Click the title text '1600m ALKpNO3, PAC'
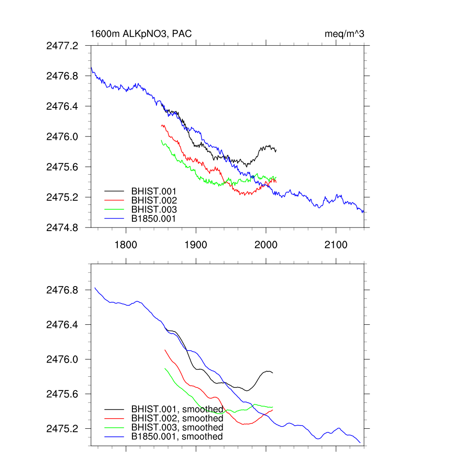point(141,34)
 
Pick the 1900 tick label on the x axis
point(196,245)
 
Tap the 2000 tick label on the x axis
point(266,245)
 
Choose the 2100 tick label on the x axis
point(336,245)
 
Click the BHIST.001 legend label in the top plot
point(154,191)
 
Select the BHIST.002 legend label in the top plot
point(154,200)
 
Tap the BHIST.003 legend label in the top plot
point(154,210)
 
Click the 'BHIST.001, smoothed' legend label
point(177,409)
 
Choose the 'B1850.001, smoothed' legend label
point(177,437)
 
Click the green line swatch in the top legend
point(114,209)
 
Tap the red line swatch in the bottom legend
point(114,418)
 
